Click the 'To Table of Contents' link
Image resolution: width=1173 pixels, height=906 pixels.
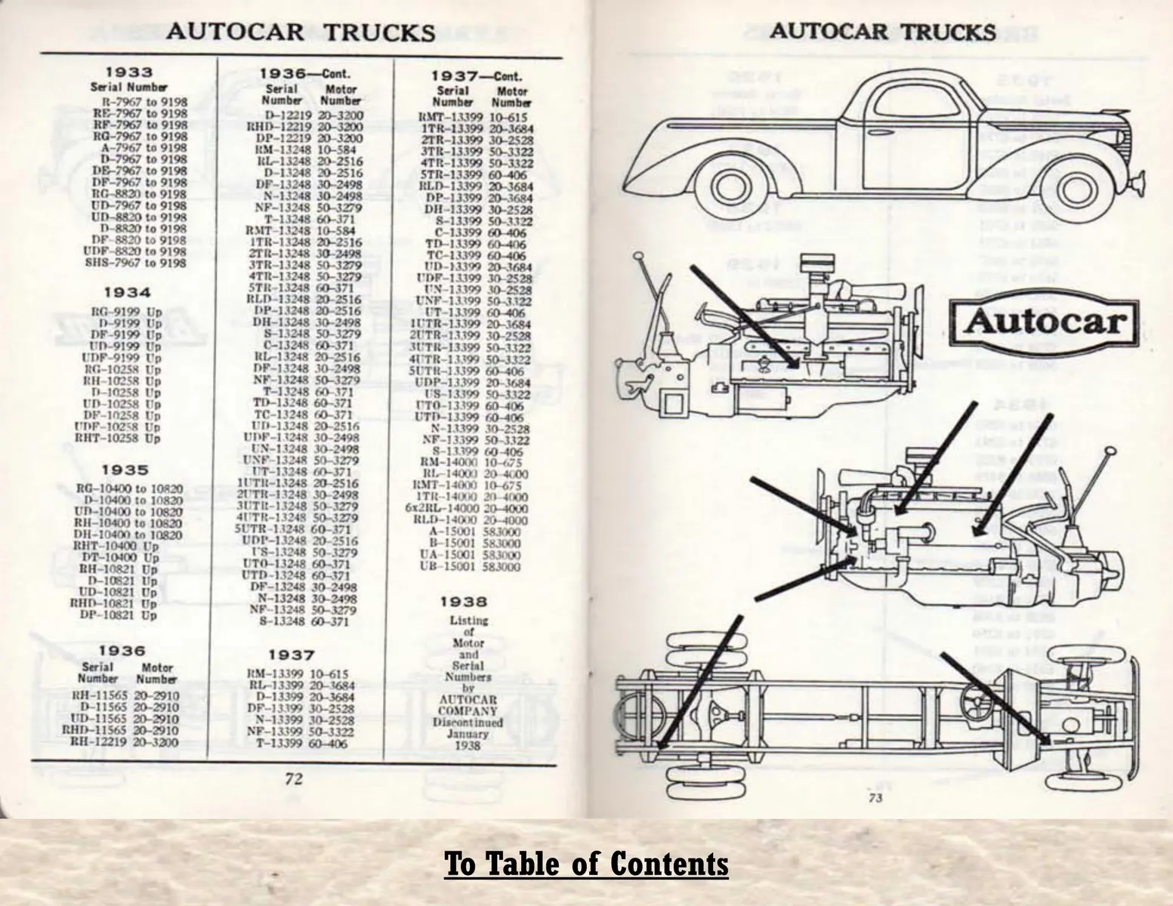click(586, 864)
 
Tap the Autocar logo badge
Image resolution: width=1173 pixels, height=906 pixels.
click(1045, 322)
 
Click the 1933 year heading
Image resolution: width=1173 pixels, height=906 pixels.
click(128, 72)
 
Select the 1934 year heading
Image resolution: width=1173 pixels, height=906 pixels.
click(127, 292)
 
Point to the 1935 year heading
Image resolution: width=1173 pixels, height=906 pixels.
click(125, 470)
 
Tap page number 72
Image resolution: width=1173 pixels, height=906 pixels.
click(293, 778)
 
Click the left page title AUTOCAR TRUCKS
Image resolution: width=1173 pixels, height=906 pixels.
click(300, 32)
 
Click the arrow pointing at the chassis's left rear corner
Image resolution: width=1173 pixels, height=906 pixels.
click(699, 682)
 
